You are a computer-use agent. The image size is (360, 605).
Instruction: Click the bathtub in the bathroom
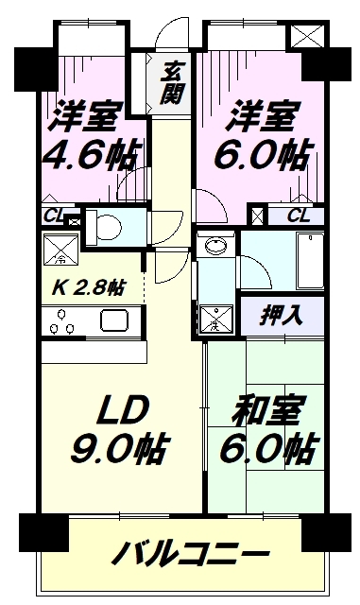[x=310, y=261]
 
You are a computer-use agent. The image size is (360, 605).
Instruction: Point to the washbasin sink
[x=216, y=245]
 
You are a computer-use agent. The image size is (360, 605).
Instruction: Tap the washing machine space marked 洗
[x=216, y=320]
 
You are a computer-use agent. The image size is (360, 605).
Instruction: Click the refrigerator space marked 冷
[x=60, y=250]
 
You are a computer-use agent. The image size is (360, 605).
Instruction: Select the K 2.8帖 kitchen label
[x=89, y=287]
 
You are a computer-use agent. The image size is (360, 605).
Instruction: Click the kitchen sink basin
[x=114, y=320]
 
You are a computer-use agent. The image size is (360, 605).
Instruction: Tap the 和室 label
[x=266, y=409]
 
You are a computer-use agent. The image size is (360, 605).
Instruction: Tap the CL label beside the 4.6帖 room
[x=54, y=216]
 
